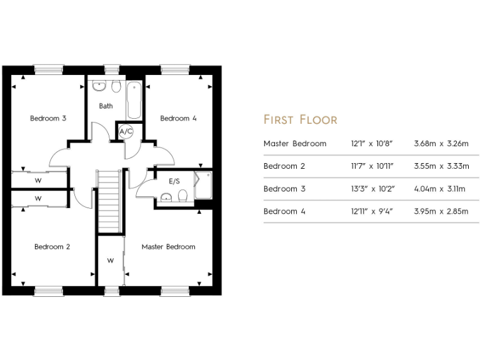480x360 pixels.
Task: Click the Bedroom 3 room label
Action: click(x=48, y=118)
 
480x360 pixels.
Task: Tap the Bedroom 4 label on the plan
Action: click(x=178, y=118)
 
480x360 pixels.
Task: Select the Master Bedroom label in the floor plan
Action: click(x=168, y=247)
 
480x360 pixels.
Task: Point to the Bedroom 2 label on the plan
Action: click(x=52, y=247)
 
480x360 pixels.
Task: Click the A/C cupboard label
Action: click(x=126, y=132)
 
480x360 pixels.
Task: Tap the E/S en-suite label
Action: click(x=174, y=181)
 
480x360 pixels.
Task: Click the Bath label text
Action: click(x=106, y=106)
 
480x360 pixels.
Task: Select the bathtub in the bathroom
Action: click(x=134, y=99)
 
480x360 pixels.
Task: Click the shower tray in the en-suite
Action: click(x=204, y=185)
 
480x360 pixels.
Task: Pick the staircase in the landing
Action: click(x=108, y=201)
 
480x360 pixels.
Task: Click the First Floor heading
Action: click(x=300, y=119)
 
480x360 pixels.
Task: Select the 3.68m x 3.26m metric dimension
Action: click(x=441, y=144)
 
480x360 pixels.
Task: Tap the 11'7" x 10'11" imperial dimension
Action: click(x=372, y=166)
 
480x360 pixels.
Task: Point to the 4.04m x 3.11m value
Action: click(x=441, y=189)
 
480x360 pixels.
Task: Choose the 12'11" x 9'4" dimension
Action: click(x=371, y=211)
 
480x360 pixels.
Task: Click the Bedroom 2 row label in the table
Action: click(x=284, y=166)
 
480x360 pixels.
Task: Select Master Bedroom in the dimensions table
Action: click(x=295, y=144)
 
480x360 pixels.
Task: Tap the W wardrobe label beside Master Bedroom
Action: click(x=110, y=260)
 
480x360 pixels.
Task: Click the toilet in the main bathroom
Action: click(x=116, y=87)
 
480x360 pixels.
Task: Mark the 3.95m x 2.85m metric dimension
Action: click(x=441, y=211)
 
